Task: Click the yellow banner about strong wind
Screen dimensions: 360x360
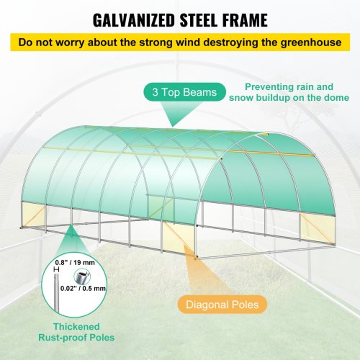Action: [180, 42]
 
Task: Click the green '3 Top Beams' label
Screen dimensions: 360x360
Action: [184, 92]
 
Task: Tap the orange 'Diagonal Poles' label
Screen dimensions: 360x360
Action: [222, 305]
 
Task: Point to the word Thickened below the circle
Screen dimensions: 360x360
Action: [77, 327]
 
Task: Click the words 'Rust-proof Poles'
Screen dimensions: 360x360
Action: [77, 338]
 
